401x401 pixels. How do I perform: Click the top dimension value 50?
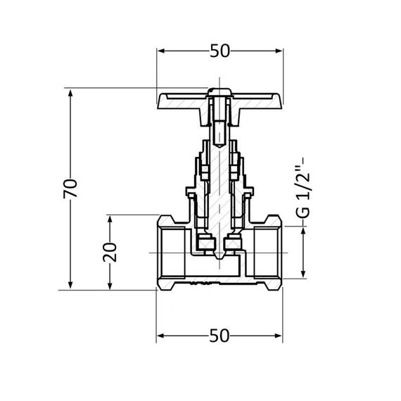pyautogui.click(x=219, y=51)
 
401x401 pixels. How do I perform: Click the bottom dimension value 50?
pyautogui.click(x=219, y=336)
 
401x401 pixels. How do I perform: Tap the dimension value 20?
pyautogui.click(x=110, y=251)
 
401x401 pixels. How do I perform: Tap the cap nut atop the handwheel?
pyautogui.click(x=219, y=91)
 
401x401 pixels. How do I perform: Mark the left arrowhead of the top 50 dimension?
pyautogui.click(x=160, y=51)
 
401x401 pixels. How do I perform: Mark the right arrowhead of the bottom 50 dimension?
pyautogui.click(x=279, y=335)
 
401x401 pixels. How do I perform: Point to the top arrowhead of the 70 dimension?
pyautogui.click(x=70, y=92)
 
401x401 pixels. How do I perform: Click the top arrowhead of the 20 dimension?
pyautogui.click(x=110, y=219)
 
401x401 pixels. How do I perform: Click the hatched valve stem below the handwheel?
pyautogui.click(x=219, y=176)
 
